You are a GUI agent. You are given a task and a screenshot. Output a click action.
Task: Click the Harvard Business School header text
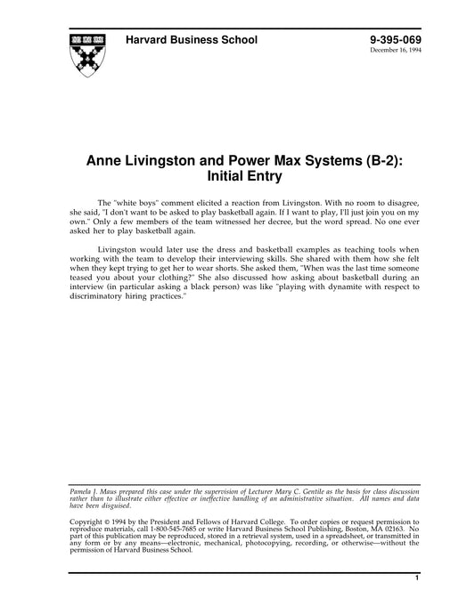(x=192, y=40)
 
